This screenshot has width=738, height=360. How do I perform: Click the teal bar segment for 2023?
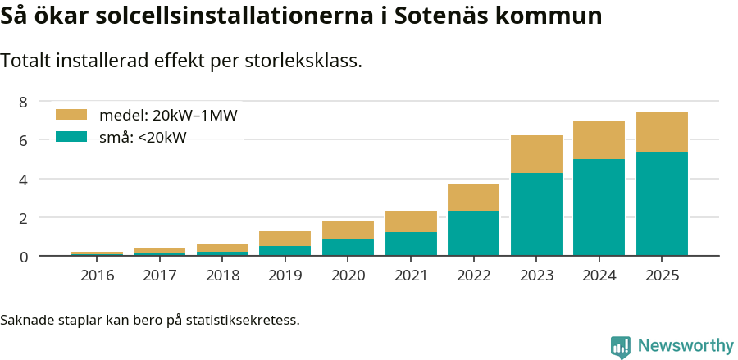[x=536, y=214]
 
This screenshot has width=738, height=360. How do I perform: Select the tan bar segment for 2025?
[x=662, y=132]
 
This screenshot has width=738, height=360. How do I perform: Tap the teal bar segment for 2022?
[x=473, y=233]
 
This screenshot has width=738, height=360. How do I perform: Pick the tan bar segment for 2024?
[x=599, y=139]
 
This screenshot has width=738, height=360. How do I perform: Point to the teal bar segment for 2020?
[x=348, y=247]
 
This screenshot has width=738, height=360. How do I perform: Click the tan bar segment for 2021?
[x=411, y=221]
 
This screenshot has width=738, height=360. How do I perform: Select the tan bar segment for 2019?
[x=285, y=239]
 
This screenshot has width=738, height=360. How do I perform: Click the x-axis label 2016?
[x=97, y=276]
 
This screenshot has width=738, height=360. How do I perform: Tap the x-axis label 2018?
[x=222, y=276]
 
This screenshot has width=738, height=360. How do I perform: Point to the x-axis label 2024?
[x=599, y=276]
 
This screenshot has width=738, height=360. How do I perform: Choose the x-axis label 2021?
[x=411, y=276]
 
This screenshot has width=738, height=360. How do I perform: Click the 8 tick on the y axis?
[x=24, y=102]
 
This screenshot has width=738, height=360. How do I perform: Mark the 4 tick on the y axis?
[x=24, y=180]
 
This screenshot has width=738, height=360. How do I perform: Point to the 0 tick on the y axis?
[x=24, y=257]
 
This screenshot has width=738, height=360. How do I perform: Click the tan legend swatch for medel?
[x=71, y=115]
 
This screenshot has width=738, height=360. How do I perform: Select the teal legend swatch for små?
[x=71, y=137]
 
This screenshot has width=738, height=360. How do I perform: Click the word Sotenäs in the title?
[x=443, y=16]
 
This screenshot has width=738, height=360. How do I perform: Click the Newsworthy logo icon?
[x=620, y=346]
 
